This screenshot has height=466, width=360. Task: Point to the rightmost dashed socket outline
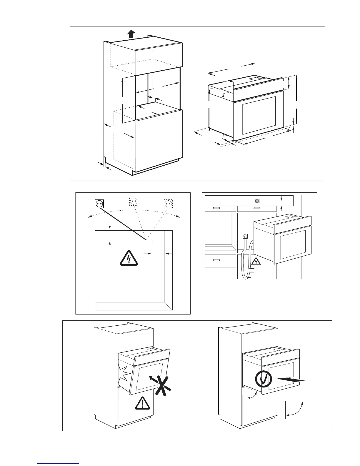[x=168, y=204]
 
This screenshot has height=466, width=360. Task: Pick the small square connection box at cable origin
[x=149, y=243]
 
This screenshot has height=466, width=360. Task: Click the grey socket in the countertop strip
[x=257, y=201]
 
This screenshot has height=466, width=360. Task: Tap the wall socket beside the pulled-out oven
[x=245, y=236]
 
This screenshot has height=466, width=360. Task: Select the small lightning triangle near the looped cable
[x=256, y=261]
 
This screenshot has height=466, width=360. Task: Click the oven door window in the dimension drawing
[x=259, y=116]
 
